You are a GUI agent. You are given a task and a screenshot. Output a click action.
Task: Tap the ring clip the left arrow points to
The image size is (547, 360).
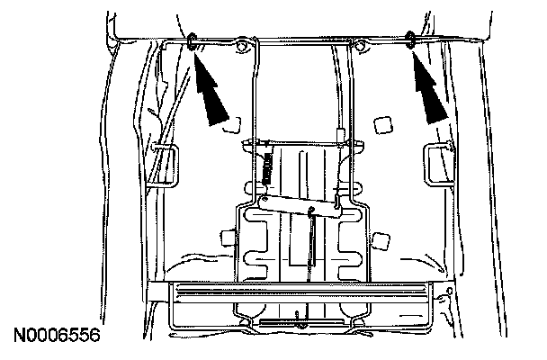pyautogui.click(x=194, y=40)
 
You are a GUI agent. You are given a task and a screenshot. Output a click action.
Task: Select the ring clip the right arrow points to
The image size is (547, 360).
pyautogui.click(x=411, y=39)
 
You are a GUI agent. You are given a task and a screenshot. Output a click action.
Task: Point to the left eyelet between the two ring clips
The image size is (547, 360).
pyautogui.click(x=242, y=47)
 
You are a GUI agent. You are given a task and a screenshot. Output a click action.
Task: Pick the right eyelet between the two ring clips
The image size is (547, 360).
pyautogui.click(x=361, y=45)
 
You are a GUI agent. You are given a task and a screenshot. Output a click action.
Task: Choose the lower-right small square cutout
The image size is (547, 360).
pyautogui.click(x=383, y=238)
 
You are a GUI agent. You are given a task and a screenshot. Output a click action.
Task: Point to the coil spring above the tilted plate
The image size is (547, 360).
pyautogui.click(x=267, y=167)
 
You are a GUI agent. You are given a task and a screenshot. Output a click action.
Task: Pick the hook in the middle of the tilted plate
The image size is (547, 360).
pyautogui.click(x=310, y=212)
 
